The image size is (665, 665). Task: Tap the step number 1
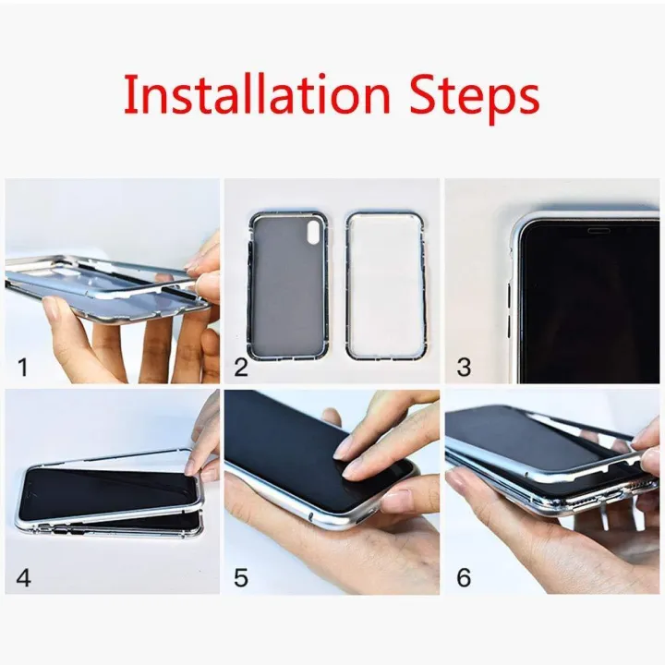pos(24,368)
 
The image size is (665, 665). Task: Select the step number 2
pos(241,368)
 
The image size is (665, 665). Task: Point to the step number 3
pos(464,368)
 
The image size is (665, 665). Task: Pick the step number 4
pos(24,579)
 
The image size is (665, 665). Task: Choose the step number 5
pos(241,579)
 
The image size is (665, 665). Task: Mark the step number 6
pos(464,579)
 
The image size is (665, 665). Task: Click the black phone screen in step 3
pos(591,305)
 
